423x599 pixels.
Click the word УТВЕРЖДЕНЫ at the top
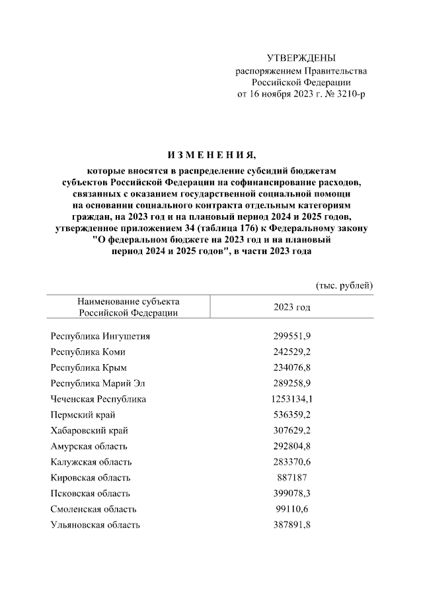click(x=301, y=59)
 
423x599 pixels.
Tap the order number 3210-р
click(x=350, y=95)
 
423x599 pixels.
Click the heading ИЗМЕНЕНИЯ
click(x=211, y=156)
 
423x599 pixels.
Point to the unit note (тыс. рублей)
click(x=344, y=285)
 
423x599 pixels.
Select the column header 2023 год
click(x=291, y=308)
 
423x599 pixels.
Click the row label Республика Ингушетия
click(x=100, y=336)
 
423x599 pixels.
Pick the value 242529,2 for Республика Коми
click(x=292, y=351)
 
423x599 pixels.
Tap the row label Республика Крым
click(x=89, y=367)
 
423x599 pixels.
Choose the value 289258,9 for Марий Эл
click(x=292, y=383)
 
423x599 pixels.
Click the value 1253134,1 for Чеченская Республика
click(x=291, y=399)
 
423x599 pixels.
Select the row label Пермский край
click(x=83, y=415)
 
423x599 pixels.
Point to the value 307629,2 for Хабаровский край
click(x=292, y=430)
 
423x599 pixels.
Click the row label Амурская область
click(x=89, y=446)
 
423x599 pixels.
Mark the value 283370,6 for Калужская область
click(x=292, y=461)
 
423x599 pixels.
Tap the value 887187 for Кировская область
click(x=291, y=477)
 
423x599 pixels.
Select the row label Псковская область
click(x=91, y=493)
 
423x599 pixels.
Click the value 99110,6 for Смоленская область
click(x=292, y=509)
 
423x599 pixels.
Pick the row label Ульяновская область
click(x=95, y=525)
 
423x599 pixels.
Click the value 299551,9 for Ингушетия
click(x=292, y=336)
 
